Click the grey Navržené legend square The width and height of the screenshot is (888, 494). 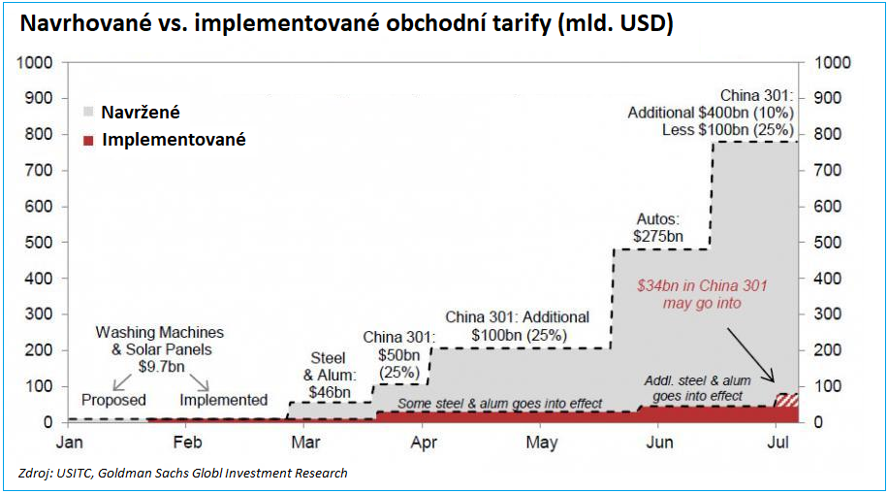[x=89, y=113]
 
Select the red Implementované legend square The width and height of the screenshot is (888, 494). [x=89, y=141]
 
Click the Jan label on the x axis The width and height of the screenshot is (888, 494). [x=68, y=443]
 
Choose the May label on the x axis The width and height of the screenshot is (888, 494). [x=541, y=443]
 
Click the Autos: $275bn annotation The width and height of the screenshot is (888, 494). [x=660, y=227]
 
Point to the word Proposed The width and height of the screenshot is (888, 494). [x=113, y=400]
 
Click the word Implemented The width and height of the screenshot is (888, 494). [x=223, y=400]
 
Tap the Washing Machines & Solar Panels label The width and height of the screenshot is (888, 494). [x=159, y=342]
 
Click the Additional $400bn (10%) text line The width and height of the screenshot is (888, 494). [x=711, y=113]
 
